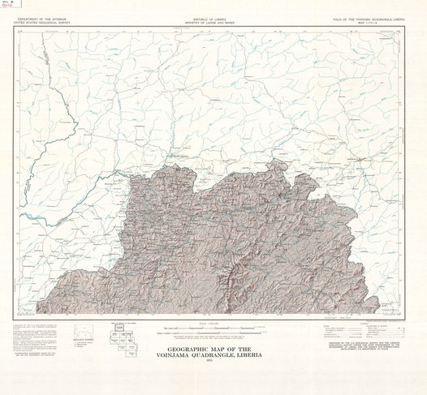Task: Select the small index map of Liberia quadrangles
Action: pyautogui.click(x=129, y=340)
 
